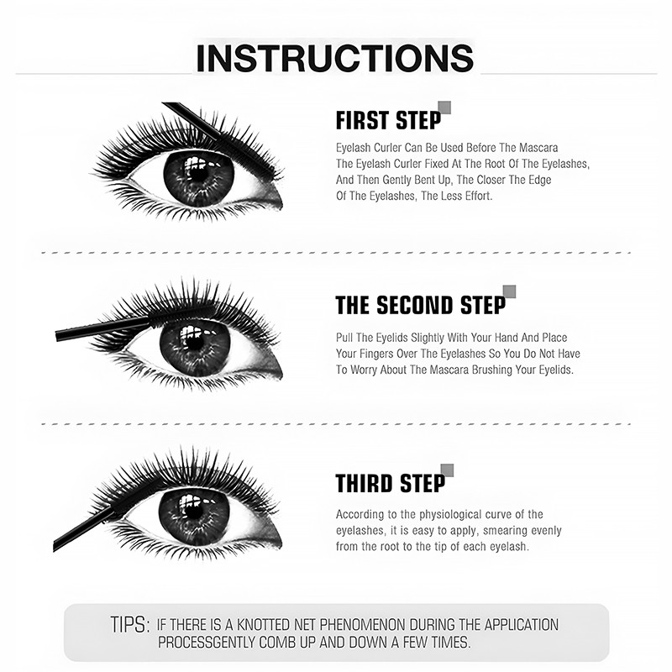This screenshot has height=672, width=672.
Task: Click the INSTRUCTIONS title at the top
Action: click(x=334, y=59)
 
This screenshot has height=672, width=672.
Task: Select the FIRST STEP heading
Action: click(x=387, y=121)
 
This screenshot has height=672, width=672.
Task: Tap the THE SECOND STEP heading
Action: click(x=420, y=305)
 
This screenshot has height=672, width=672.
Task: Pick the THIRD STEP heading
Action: click(x=390, y=484)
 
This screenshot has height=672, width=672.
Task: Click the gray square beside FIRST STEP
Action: click(x=445, y=107)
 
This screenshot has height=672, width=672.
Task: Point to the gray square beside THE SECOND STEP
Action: click(x=509, y=291)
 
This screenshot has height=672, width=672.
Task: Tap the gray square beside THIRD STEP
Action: click(x=447, y=470)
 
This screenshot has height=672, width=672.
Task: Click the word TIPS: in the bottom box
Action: click(x=130, y=625)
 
